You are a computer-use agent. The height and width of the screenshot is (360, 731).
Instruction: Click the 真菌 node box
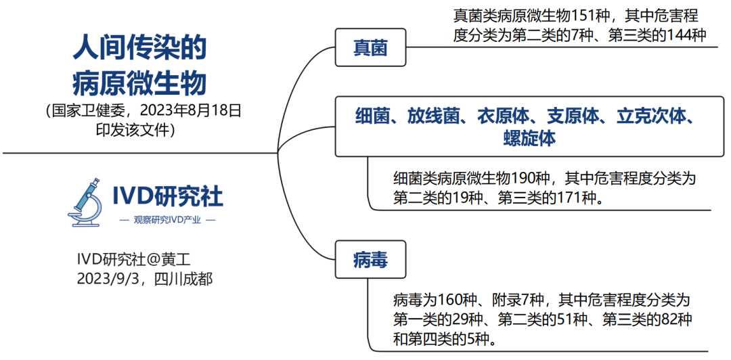[x=370, y=47]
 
